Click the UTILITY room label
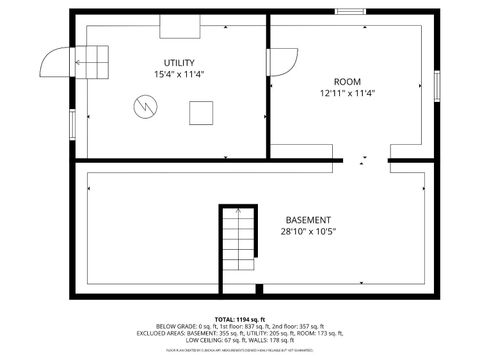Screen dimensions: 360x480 coord(179,63)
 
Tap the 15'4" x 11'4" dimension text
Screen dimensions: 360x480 coord(179,75)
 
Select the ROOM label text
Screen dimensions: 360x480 coord(347,81)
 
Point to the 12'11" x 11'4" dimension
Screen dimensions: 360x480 coord(347,93)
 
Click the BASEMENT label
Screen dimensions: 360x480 coord(308,220)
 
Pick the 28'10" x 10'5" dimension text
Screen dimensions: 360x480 coord(308,232)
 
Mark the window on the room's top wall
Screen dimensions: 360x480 coord(349,11)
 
